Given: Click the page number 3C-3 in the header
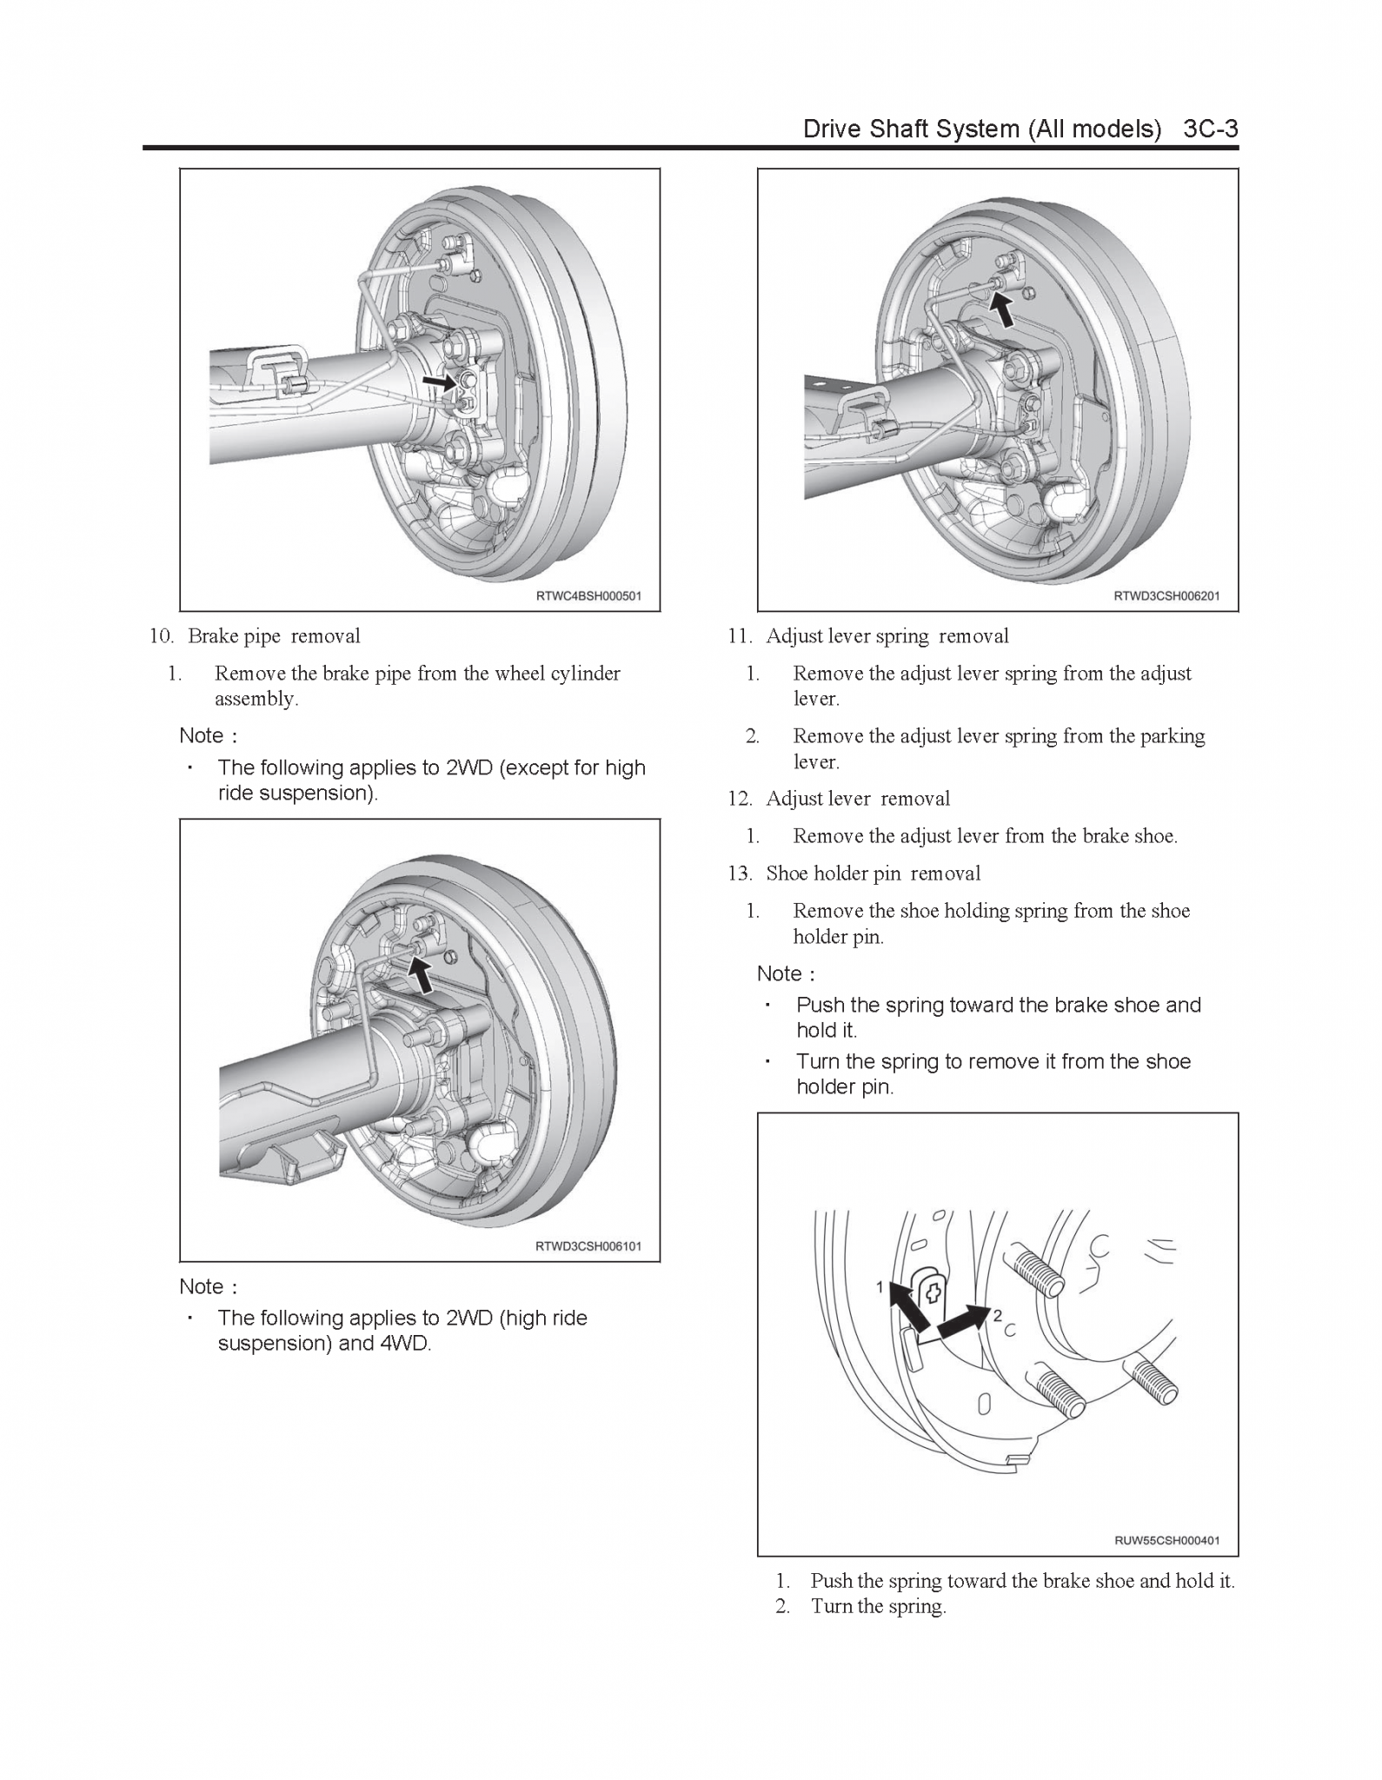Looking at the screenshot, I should pyautogui.click(x=1210, y=129).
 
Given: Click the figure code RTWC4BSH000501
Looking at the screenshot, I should pyautogui.click(x=588, y=596).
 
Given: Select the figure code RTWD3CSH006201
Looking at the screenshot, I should pyautogui.click(x=1166, y=596).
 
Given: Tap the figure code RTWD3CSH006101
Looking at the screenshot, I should pyautogui.click(x=588, y=1246).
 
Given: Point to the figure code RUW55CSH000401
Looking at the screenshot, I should pyautogui.click(x=1166, y=1540).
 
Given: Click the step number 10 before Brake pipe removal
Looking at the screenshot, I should pyautogui.click(x=162, y=636).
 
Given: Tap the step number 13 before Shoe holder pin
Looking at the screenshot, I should pyautogui.click(x=740, y=873).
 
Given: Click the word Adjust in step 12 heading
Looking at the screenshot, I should pyautogui.click(x=794, y=799).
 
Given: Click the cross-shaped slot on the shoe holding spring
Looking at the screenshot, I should pyautogui.click(x=934, y=1292).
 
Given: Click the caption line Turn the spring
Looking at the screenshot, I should pyautogui.click(x=878, y=1606).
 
